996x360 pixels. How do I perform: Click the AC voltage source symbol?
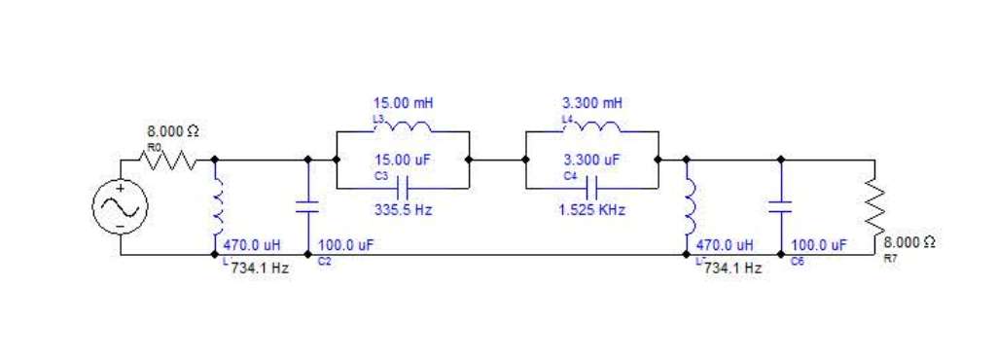120,207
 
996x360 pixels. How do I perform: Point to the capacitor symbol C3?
402,188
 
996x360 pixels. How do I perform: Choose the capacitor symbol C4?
592,188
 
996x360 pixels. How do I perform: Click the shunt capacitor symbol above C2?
308,207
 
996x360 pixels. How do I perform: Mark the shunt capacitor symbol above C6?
781,207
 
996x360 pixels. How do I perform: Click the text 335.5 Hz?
403,210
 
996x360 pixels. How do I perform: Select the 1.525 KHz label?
592,210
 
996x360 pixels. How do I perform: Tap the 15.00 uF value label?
403,160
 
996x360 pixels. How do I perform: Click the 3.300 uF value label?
592,160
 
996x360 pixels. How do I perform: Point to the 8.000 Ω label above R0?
173,132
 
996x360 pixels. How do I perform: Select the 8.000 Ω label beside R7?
909,242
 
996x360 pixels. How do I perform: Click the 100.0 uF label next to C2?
345,245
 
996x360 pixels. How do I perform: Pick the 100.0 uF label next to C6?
819,245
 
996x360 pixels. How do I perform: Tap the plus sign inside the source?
120,188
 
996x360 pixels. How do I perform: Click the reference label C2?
324,261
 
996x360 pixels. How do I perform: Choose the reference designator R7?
890,259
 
